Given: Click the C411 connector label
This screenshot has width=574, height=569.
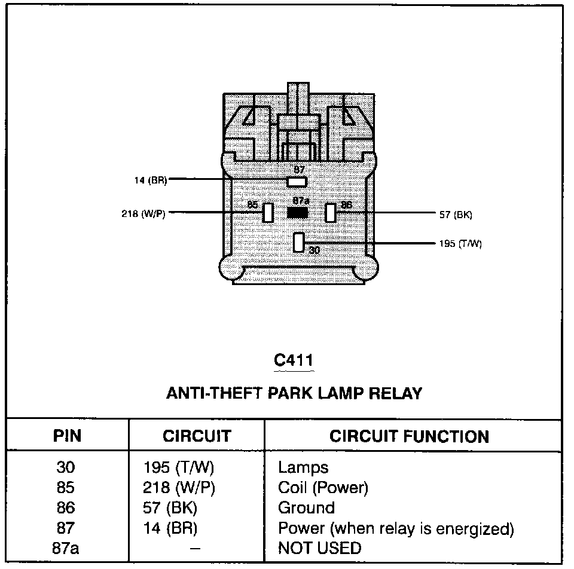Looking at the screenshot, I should coord(293,360).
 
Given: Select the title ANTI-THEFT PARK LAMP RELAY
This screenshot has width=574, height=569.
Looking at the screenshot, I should coord(294,393).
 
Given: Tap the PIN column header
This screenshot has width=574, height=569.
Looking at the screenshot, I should coord(67,436).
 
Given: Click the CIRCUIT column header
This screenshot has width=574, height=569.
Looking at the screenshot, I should coord(196,436).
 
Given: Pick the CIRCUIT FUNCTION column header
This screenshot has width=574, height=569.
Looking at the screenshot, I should coord(409,436).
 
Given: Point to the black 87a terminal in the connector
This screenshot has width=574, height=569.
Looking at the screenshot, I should coord(298,212).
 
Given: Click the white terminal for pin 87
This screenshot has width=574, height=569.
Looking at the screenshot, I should coord(297,181).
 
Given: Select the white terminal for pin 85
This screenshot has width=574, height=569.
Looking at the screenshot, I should coord(268,212).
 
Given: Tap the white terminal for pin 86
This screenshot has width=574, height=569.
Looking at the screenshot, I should coord(330,212).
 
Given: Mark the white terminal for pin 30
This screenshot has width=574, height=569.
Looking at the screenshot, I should coord(299,241).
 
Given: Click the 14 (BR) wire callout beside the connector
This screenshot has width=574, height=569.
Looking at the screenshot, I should coord(150,180).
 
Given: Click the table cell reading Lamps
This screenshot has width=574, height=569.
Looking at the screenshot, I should coord(303,467).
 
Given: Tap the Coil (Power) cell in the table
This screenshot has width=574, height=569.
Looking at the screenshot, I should coord(323,488).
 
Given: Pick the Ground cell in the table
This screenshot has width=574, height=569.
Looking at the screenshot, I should coord(306,508).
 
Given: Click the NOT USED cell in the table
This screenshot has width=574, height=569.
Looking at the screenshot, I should coord(320,548).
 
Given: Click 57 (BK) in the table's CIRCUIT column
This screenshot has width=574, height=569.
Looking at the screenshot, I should coord(171,508).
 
